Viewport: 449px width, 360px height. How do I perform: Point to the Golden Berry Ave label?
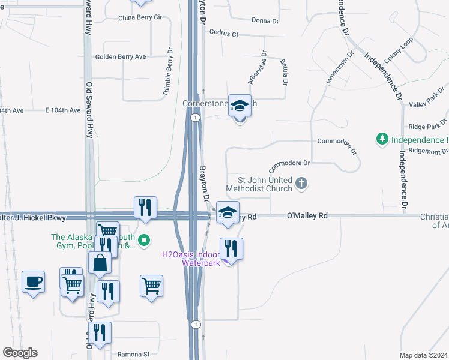tap(121, 57)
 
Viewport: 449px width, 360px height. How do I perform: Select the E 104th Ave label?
tap(62, 110)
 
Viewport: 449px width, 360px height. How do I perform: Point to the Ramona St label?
tap(133, 355)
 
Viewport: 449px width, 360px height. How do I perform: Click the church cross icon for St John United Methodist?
tap(302, 184)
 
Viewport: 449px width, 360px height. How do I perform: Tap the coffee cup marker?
tap(33, 281)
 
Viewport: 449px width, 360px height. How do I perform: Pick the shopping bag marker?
tap(99, 262)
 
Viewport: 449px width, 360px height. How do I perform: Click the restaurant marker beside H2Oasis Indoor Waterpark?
tap(231, 247)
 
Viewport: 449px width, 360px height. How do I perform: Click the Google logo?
tap(20, 353)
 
